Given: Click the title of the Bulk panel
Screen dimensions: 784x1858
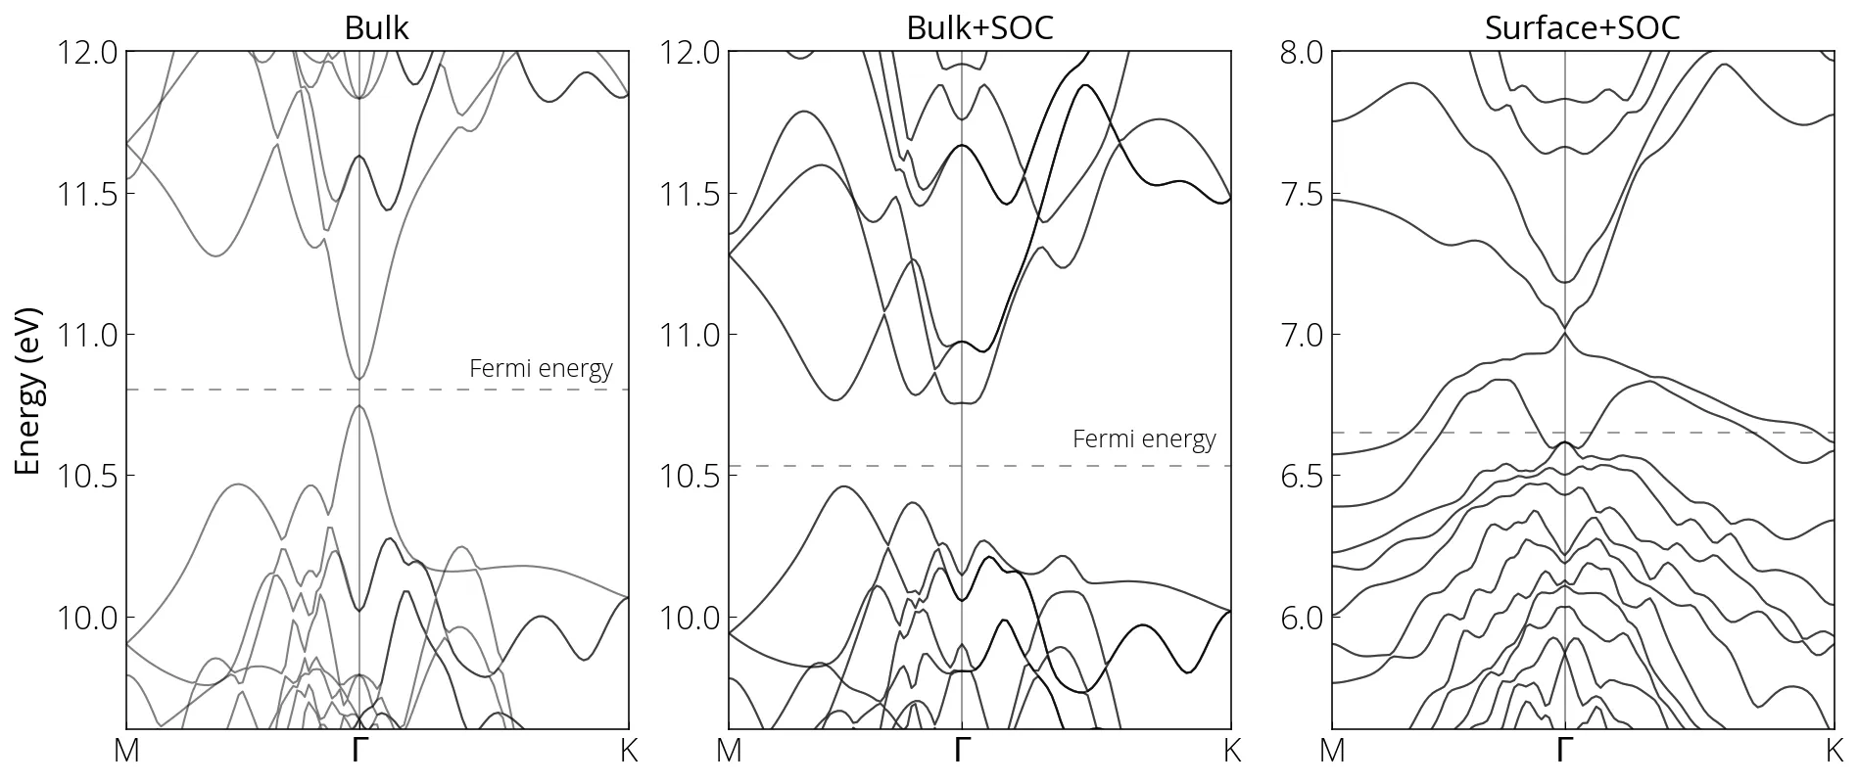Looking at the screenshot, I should [376, 27].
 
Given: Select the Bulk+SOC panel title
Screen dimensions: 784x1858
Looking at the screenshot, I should [979, 27].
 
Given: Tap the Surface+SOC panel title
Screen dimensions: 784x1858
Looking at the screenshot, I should [1582, 27].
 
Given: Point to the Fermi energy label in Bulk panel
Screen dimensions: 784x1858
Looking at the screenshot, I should [541, 369].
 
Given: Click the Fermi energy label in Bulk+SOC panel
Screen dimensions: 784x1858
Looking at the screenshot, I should [1144, 439].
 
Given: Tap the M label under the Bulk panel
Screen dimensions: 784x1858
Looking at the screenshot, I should [127, 752].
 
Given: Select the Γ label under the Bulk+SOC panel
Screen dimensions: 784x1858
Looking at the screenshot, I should [962, 752].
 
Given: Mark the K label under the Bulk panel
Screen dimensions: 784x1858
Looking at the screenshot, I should [629, 752].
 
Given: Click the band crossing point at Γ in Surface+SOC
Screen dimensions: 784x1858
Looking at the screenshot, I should [1565, 329].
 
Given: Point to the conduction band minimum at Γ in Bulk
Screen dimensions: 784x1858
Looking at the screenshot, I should [359, 378].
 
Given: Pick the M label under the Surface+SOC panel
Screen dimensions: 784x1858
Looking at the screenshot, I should [1332, 752].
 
